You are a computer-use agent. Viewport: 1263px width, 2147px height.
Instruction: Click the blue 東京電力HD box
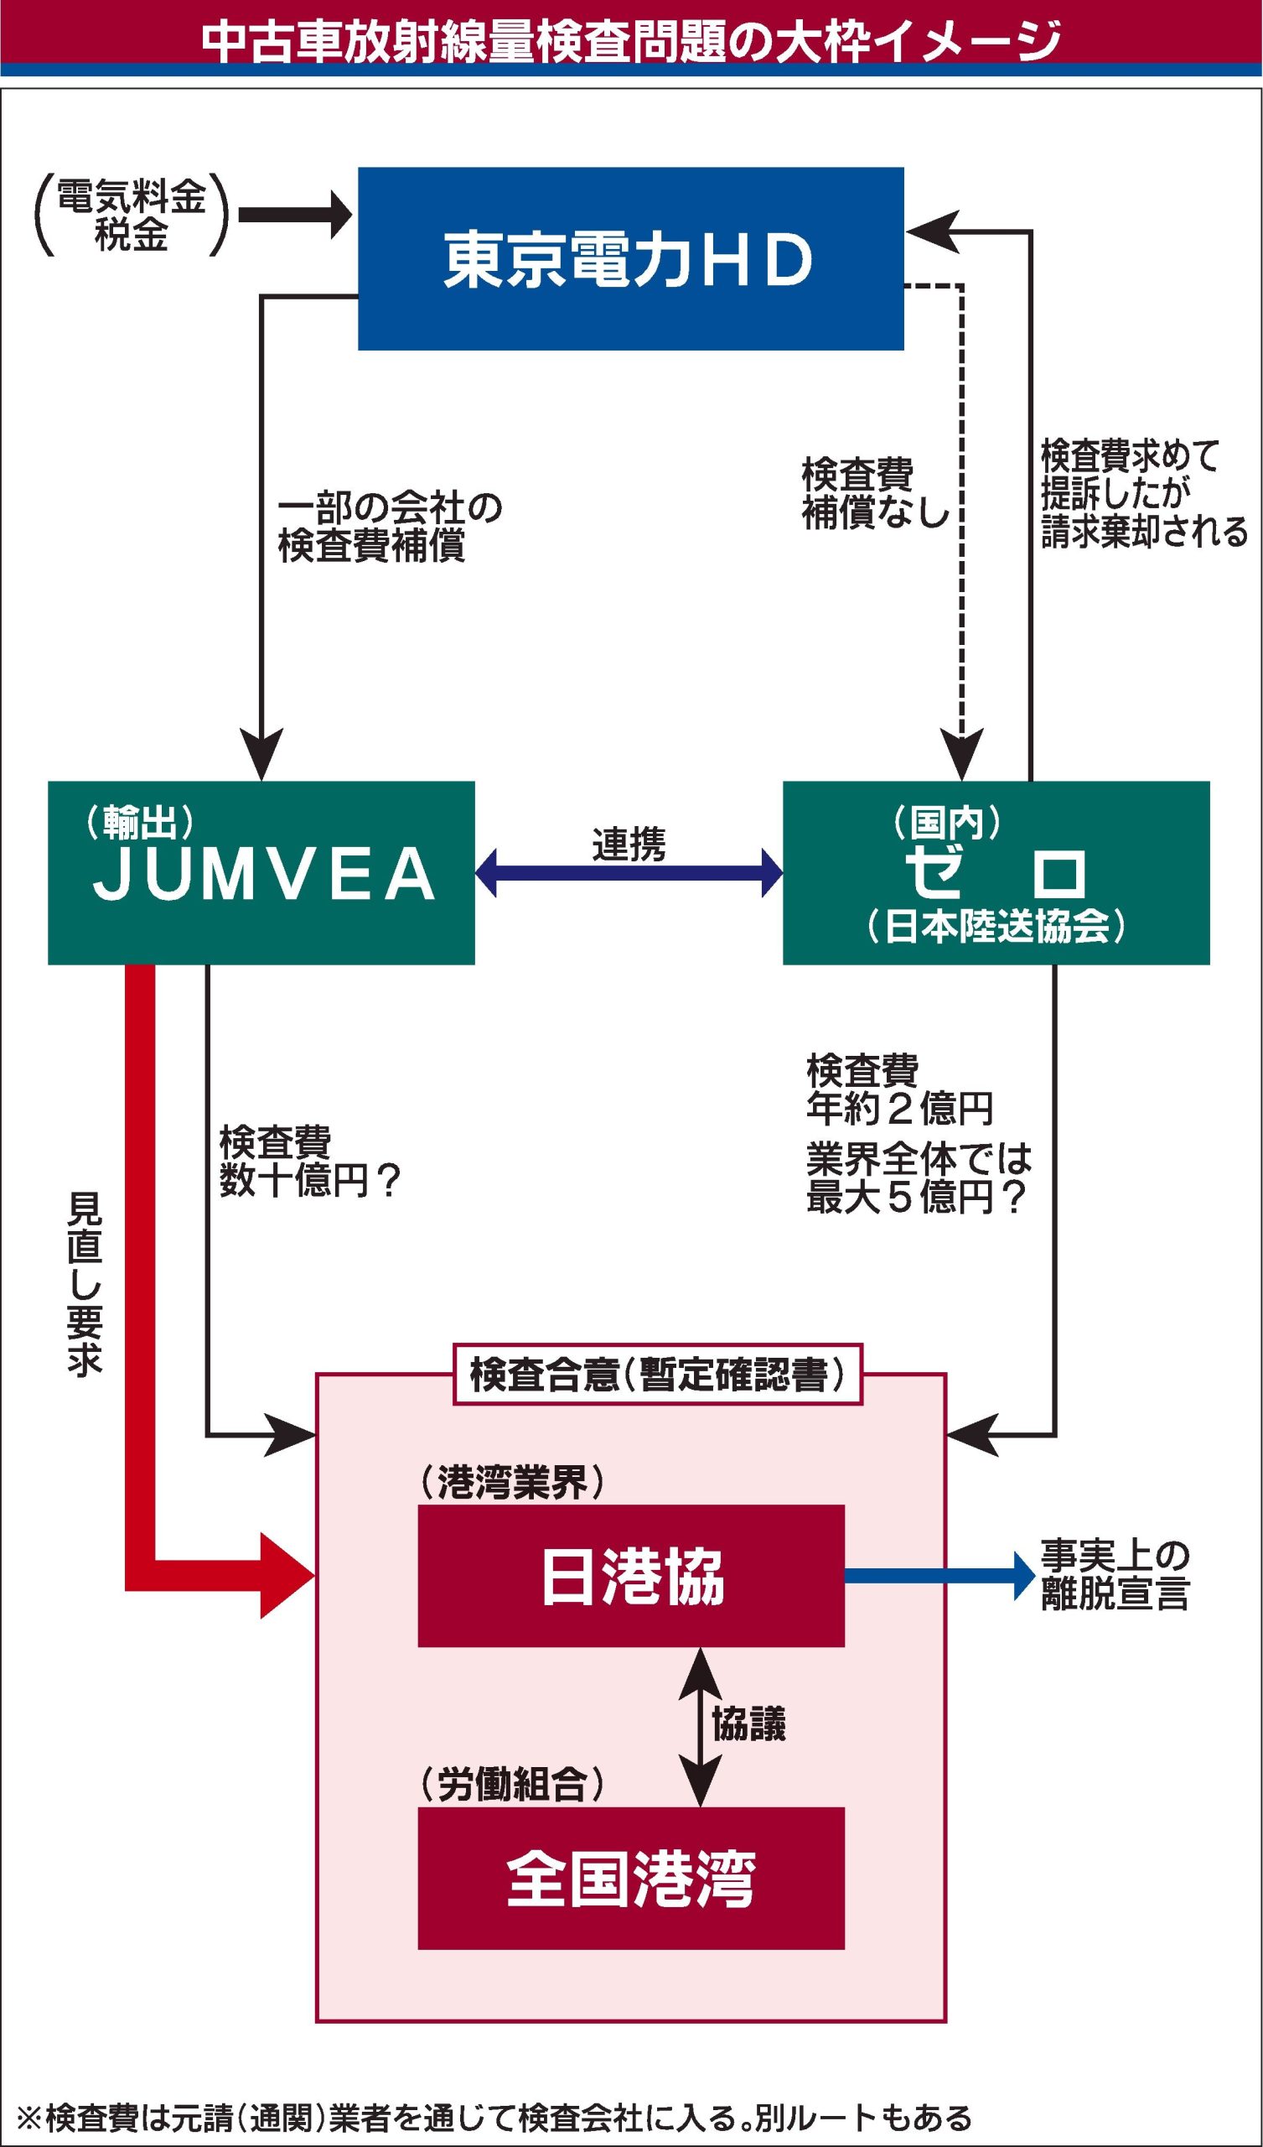click(x=630, y=258)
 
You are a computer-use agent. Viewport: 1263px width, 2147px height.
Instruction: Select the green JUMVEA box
click(x=261, y=872)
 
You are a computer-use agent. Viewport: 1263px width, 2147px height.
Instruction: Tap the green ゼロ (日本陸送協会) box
click(x=996, y=872)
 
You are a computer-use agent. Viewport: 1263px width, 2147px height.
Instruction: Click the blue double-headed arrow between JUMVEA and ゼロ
click(x=629, y=872)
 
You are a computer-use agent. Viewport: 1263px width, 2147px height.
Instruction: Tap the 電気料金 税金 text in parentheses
click(x=131, y=215)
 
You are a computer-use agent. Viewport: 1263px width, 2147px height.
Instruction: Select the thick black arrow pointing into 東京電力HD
click(x=295, y=215)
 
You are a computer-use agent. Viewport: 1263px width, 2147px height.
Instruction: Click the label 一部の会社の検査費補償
click(x=389, y=528)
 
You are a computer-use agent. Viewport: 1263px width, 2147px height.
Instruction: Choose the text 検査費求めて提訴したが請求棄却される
click(x=1142, y=493)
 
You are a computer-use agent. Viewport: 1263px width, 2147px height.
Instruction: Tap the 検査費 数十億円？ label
click(x=309, y=1162)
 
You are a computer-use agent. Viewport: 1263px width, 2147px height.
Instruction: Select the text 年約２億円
click(x=899, y=1109)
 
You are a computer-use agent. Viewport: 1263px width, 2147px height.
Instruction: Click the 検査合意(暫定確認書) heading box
click(x=657, y=1375)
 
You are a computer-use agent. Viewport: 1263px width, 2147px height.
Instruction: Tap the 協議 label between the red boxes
click(x=748, y=1723)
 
